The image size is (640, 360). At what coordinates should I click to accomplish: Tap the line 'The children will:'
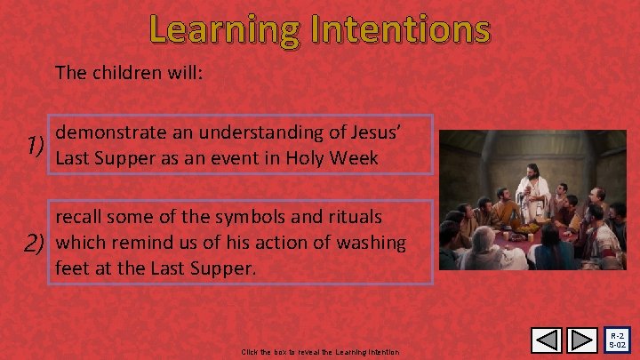pyautogui.click(x=130, y=72)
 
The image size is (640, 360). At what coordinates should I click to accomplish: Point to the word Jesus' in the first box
pyautogui.click(x=380, y=132)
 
